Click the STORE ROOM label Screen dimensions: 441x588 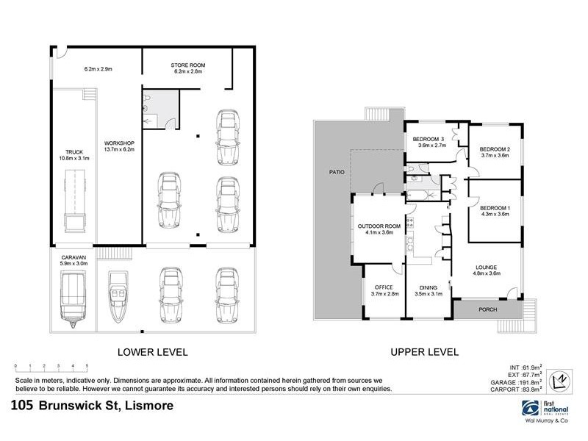189,65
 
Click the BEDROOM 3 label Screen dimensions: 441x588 429,140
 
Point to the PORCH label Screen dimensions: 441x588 488,309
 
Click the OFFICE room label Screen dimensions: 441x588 384,287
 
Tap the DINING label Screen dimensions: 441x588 429,287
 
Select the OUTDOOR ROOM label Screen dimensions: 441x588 379,226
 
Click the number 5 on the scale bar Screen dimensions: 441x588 87,365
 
